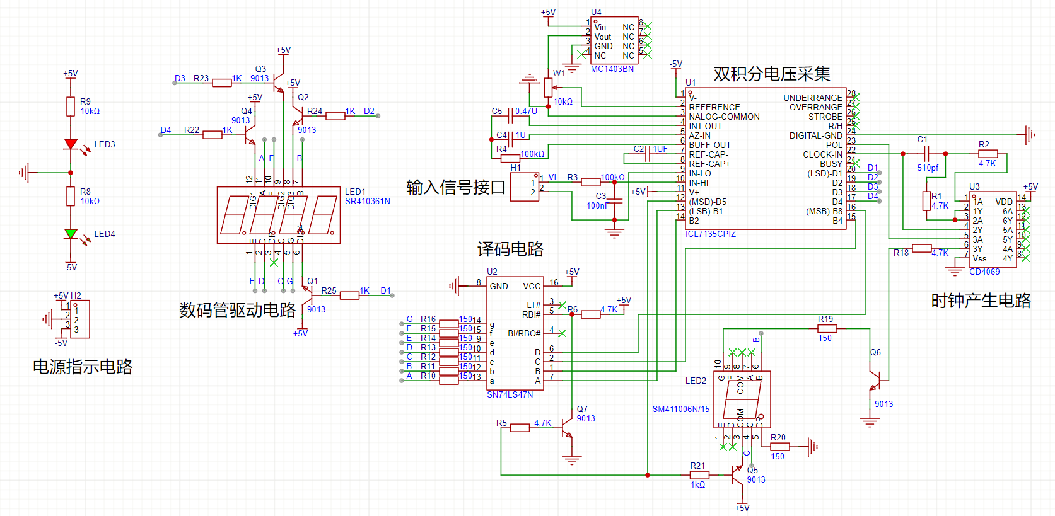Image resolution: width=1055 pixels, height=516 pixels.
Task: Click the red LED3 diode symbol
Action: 71,144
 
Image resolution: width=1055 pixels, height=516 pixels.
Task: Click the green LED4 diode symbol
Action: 71,234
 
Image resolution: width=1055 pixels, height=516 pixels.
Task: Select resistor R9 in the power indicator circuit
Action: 71,106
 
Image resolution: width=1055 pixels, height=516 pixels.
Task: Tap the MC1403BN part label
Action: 612,69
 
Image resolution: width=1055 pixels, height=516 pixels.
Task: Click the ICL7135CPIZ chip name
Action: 711,234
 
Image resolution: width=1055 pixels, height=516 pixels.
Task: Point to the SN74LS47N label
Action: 510,394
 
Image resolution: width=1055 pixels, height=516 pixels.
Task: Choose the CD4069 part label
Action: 984,272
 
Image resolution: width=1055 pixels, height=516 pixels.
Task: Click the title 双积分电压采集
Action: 771,74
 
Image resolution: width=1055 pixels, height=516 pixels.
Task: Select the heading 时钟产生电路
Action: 981,301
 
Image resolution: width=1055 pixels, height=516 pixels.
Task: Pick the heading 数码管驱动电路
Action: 237,310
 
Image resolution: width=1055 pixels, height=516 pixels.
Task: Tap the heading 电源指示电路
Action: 83,367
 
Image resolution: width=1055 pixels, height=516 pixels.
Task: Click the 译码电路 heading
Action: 510,249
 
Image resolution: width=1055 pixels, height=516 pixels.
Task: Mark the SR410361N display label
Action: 367,201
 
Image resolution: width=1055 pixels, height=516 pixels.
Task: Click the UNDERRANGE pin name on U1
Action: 812,98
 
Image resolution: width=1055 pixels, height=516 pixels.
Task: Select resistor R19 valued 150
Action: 827,328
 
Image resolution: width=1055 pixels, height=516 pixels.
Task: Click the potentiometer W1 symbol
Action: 548,88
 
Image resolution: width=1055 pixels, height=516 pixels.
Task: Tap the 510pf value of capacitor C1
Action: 928,168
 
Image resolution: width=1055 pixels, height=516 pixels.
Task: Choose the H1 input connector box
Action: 525,187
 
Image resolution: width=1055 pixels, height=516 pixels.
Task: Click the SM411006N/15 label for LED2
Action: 680,409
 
